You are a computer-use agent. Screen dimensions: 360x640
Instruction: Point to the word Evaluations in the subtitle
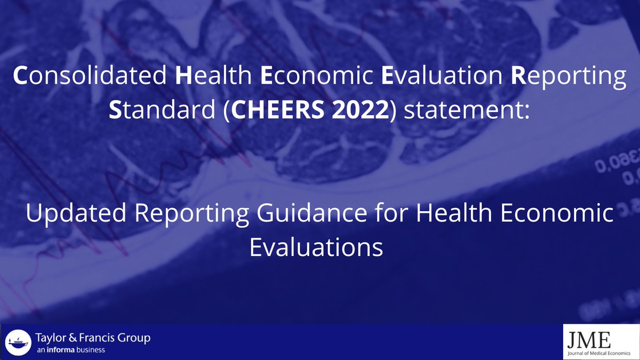(x=316, y=247)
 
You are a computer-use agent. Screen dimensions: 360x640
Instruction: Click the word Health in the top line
(x=213, y=77)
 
